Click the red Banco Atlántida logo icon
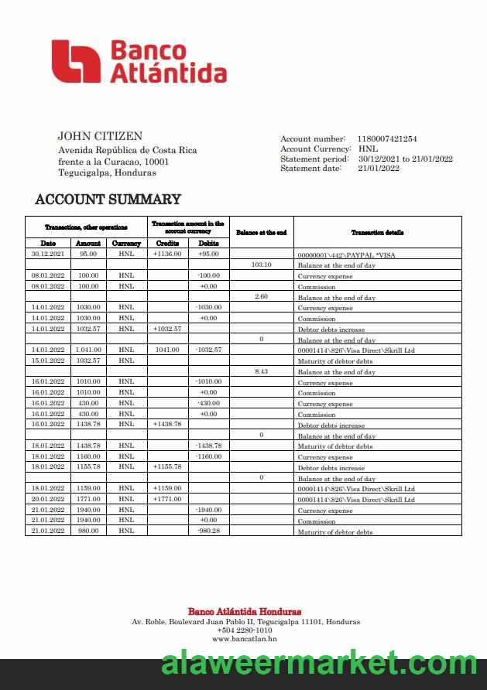[x=76, y=61]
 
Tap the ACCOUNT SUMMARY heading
[x=108, y=200]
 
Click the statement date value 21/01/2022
[x=379, y=169]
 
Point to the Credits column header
[x=166, y=244]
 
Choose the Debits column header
[x=209, y=244]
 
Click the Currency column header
[x=126, y=244]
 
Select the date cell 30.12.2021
[x=48, y=254]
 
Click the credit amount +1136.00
[x=166, y=254]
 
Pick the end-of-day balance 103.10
[x=262, y=265]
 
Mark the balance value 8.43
[x=262, y=371]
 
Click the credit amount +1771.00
[x=166, y=500]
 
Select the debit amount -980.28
[x=209, y=531]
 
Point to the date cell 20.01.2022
[x=48, y=500]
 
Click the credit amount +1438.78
[x=166, y=425]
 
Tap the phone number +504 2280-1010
[x=244, y=630]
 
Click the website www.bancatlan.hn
[x=244, y=639]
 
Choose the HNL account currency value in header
[x=368, y=149]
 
